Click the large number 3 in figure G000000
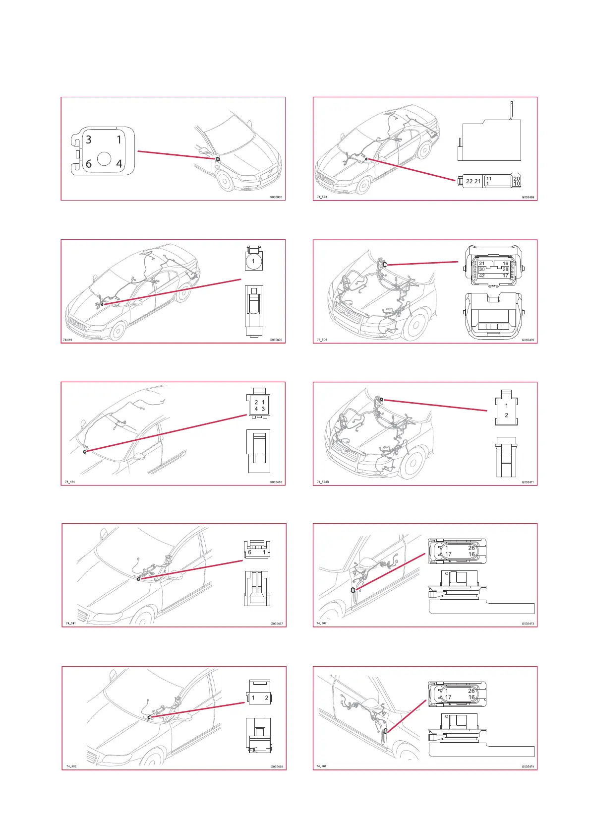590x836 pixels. (x=89, y=139)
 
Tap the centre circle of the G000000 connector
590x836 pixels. (x=104, y=158)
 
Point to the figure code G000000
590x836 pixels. (x=276, y=197)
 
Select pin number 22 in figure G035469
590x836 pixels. (x=469, y=181)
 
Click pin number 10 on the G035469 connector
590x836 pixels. (x=517, y=184)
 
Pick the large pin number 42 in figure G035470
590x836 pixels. (x=482, y=276)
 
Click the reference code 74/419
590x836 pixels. (x=67, y=340)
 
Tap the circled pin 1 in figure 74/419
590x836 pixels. (x=253, y=261)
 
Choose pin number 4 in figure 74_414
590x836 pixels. (x=256, y=409)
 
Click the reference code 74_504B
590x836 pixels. (x=323, y=482)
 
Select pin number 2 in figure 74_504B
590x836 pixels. (x=506, y=415)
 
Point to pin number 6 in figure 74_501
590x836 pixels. (x=249, y=552)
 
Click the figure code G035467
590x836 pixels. (x=277, y=624)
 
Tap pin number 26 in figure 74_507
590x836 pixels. (x=471, y=548)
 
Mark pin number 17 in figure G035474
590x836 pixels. (x=448, y=697)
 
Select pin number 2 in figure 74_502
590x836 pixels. (x=266, y=698)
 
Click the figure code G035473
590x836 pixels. (x=528, y=624)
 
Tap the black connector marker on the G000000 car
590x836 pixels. (x=218, y=159)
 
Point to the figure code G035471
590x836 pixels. (x=528, y=482)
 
